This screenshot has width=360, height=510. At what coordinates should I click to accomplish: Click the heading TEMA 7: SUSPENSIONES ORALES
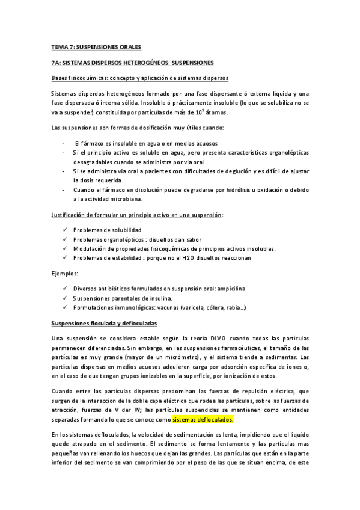pyautogui.click(x=96, y=47)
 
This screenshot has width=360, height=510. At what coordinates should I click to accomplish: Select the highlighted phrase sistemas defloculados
pyautogui.click(x=203, y=419)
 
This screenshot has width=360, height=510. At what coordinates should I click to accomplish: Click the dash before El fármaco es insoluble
pyautogui.click(x=64, y=143)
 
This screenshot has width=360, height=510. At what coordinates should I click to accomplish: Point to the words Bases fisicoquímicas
pyautogui.click(x=78, y=79)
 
